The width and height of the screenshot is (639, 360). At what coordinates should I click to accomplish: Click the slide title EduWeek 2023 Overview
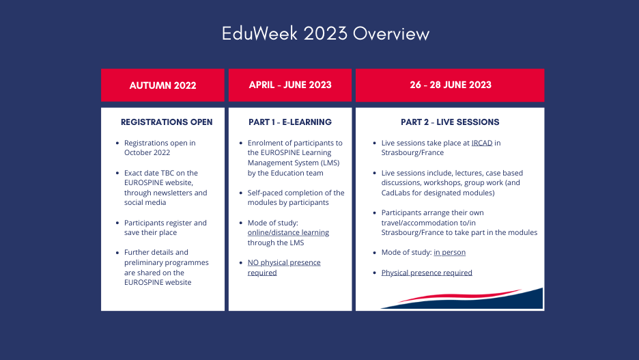coord(325,33)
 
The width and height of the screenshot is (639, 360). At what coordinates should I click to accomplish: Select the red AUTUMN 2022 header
coord(162,85)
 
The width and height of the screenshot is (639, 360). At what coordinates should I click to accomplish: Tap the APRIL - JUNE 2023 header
coord(289,85)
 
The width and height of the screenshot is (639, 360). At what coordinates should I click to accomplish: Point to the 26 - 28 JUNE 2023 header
coord(450,85)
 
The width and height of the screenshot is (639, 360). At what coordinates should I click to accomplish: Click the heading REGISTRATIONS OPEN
coord(167,122)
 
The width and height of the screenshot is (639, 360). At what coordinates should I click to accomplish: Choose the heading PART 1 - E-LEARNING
coord(290,122)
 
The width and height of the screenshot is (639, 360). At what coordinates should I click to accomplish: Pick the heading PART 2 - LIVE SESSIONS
coord(450,122)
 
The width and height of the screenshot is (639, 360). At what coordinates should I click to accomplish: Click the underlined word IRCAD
coord(482,143)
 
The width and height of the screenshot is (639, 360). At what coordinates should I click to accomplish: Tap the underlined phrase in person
coord(449,252)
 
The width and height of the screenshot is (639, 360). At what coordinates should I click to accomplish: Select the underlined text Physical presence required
coord(427,273)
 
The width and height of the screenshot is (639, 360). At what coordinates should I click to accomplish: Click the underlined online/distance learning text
coord(288,232)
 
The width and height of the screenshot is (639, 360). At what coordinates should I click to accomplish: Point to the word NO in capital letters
coord(253,262)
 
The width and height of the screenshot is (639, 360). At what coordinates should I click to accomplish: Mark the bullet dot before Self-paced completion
coord(241,193)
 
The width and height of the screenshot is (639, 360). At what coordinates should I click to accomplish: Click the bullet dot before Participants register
coord(117,223)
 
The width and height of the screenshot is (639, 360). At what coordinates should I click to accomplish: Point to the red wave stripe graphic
coord(459,295)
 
